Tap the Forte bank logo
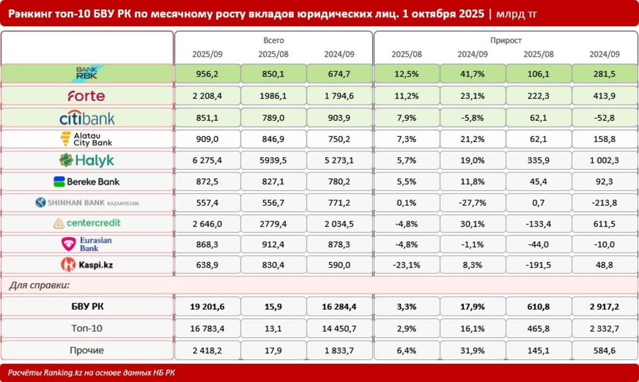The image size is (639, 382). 87,96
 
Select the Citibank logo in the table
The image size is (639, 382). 87,118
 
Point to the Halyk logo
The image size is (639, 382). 87,161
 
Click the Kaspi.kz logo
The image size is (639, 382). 87,265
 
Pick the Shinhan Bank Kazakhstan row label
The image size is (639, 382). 87,202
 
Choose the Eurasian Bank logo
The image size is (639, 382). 87,244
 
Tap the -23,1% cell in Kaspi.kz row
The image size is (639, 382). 406,265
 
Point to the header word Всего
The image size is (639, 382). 273,40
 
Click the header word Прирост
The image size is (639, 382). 505,40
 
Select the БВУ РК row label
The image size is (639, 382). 87,307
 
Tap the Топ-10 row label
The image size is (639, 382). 87,328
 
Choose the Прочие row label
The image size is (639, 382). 87,350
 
